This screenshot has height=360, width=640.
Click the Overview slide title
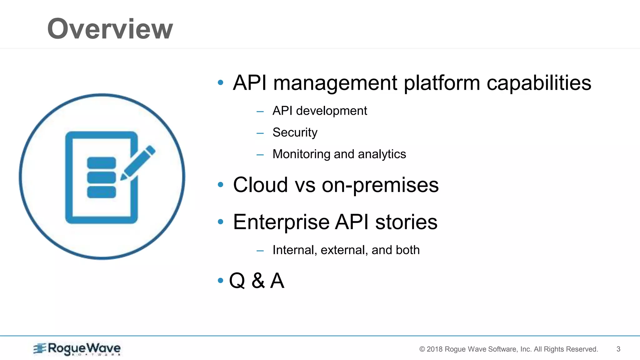coord(110,29)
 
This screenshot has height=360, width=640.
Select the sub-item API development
coord(319,111)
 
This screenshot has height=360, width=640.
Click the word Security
coord(295,132)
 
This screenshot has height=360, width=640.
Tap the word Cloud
coord(260,185)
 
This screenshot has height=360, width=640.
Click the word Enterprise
coord(281,222)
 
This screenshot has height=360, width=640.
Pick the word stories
coord(406,222)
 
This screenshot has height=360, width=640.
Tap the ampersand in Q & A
coord(258,280)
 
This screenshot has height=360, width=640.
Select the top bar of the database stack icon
coord(101,163)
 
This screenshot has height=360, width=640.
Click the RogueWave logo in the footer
coord(77,349)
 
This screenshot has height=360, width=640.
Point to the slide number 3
coord(618,349)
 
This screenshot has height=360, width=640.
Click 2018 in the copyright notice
coord(434,349)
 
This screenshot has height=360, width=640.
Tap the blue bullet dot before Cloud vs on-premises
coord(221,185)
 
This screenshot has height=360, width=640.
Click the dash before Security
coord(260,133)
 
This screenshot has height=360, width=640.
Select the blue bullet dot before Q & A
coord(221,280)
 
